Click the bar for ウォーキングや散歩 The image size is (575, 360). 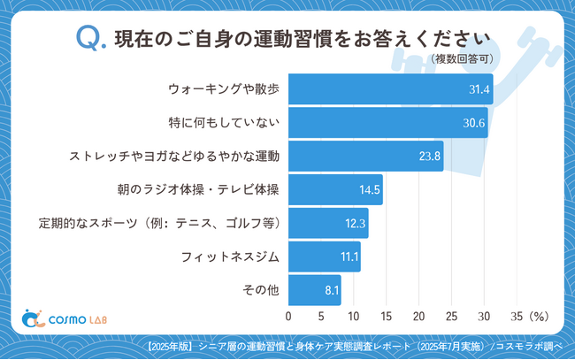pyautogui.click(x=390, y=89)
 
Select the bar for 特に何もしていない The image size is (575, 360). pyautogui.click(x=387, y=123)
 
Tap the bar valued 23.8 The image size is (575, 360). pyautogui.click(x=365, y=157)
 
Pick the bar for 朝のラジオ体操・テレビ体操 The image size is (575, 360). pyautogui.click(x=335, y=190)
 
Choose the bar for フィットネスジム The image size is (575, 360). pyautogui.click(x=324, y=257)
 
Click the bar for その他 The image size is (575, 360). pyautogui.click(x=314, y=290)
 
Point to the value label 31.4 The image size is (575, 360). pyautogui.click(x=479, y=89)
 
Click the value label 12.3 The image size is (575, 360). pyautogui.click(x=356, y=224)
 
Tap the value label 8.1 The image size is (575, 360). pyautogui.click(x=329, y=290)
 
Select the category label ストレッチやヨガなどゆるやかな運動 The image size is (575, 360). pyautogui.click(x=175, y=157)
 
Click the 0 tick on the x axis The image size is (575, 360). pyautogui.click(x=288, y=316)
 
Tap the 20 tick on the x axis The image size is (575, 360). pyautogui.click(x=419, y=316)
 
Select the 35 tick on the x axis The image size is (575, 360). pyautogui.click(x=517, y=316)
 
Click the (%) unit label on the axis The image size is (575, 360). pyautogui.click(x=540, y=316)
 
